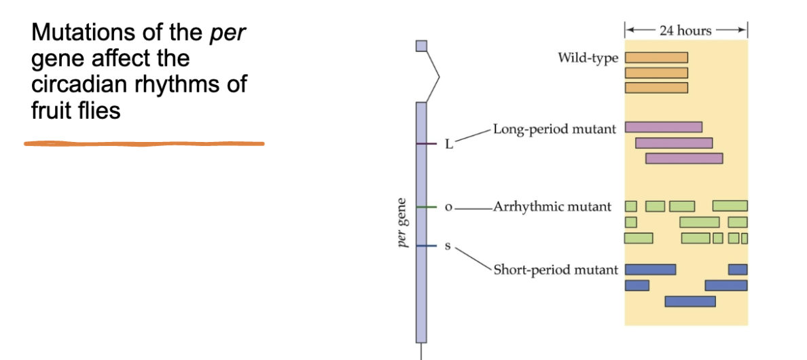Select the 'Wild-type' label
(588, 58)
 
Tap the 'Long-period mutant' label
(554, 128)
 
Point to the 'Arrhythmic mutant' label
(552, 206)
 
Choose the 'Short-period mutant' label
(556, 270)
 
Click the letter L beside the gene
(448, 144)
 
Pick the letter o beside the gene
(448, 207)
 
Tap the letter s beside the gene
(447, 247)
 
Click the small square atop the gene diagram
(421, 46)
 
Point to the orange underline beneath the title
(144, 143)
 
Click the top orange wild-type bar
(656, 58)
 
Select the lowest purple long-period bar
(684, 158)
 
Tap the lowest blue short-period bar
(689, 301)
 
